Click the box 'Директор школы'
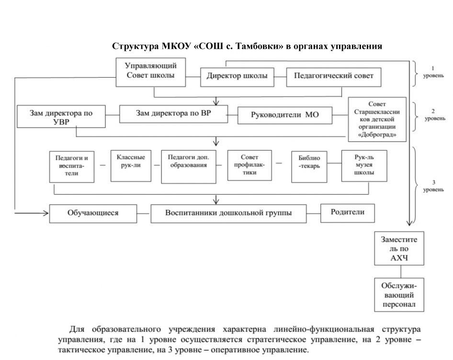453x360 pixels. pyautogui.click(x=237, y=77)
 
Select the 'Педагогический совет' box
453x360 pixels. pyautogui.click(x=334, y=77)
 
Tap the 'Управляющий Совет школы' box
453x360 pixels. pyautogui.click(x=150, y=72)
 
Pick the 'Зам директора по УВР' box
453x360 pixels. pyautogui.click(x=61, y=116)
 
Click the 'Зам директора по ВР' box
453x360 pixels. pyautogui.click(x=174, y=114)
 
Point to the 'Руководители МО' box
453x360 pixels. pyautogui.click(x=285, y=116)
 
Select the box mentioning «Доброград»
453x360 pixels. pyautogui.click(x=377, y=119)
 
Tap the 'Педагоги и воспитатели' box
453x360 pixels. pyautogui.click(x=72, y=167)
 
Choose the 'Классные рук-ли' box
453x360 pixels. pyautogui.click(x=131, y=166)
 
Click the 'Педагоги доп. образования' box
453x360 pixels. pyautogui.click(x=189, y=167)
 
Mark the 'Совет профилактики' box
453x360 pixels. pyautogui.click(x=249, y=165)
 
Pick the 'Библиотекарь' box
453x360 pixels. pyautogui.click(x=309, y=167)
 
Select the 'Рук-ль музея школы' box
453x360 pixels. pyautogui.click(x=364, y=166)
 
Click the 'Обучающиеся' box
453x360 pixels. pyautogui.click(x=93, y=214)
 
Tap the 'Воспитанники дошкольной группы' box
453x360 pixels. pyautogui.click(x=228, y=214)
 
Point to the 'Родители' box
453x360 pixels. pyautogui.click(x=348, y=213)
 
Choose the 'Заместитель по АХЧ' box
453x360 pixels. pyautogui.click(x=399, y=248)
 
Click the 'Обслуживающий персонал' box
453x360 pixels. pyautogui.click(x=399, y=295)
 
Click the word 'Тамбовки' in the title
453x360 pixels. pyautogui.click(x=260, y=46)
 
